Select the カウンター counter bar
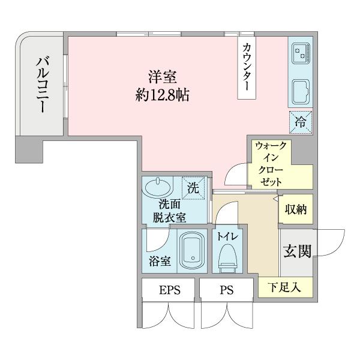tap(247, 67)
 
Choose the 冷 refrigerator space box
tap(300, 122)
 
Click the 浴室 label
tap(160, 262)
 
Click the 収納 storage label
tap(296, 210)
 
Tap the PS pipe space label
tap(226, 291)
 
